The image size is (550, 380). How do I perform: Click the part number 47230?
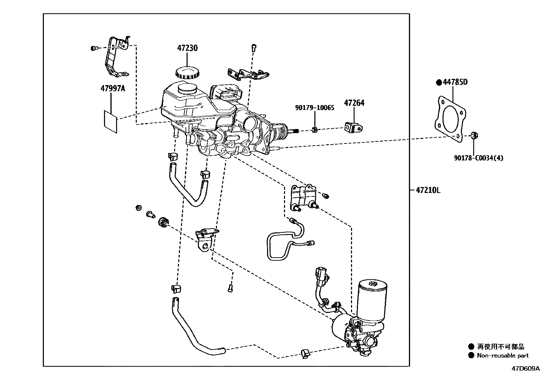pyautogui.click(x=188, y=48)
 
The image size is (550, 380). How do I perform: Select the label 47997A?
pyautogui.click(x=113, y=89)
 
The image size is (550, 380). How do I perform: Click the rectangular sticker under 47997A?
pyautogui.click(x=111, y=121)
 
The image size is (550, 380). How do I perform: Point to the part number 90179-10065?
pyautogui.click(x=314, y=108)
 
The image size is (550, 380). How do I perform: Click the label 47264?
pyautogui.click(x=354, y=103)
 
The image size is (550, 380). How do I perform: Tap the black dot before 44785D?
pyautogui.click(x=439, y=82)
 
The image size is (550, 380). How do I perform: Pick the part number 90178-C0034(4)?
pyautogui.click(x=478, y=158)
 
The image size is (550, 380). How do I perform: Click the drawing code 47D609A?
pyautogui.click(x=525, y=369)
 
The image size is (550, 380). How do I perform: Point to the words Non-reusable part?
pyautogui.click(x=503, y=355)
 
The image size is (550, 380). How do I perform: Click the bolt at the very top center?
pyautogui.click(x=254, y=47)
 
